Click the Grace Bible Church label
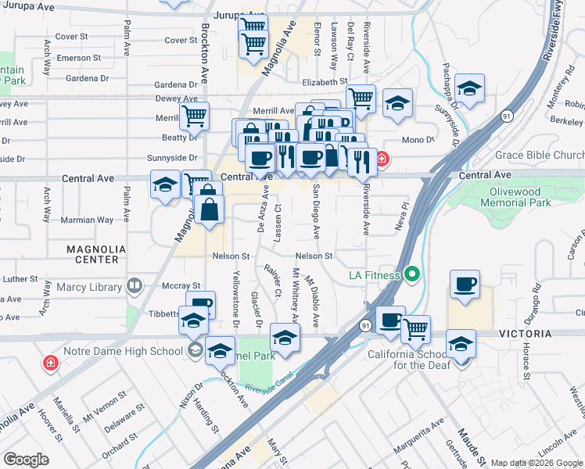point(540,155)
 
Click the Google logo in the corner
point(26,460)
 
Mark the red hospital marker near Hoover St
point(51,363)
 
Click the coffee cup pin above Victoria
point(465,284)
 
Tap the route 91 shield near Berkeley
point(507,116)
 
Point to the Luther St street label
point(20,278)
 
